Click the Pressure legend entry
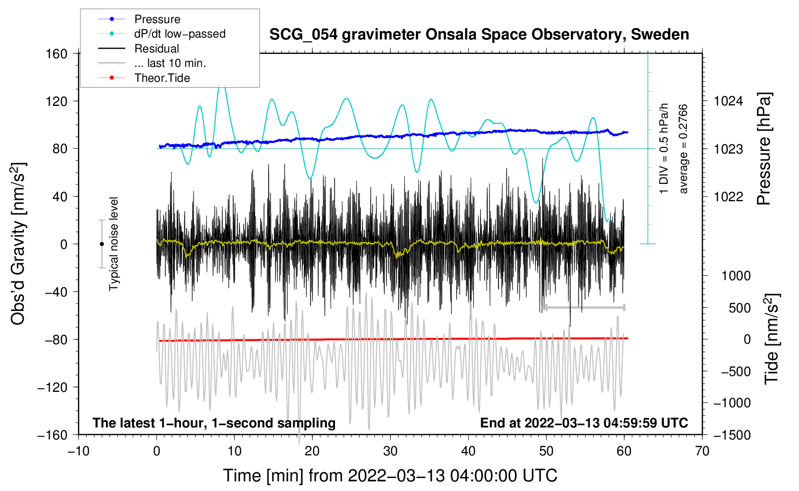point(139,19)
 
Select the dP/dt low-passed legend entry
point(162,34)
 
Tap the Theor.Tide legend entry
point(144,78)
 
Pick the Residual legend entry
point(139,49)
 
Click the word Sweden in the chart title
point(660,34)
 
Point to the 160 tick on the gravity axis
point(57,53)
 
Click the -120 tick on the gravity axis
point(52,387)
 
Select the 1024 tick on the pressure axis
point(728,101)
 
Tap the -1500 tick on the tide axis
point(732,435)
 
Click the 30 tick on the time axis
point(390,451)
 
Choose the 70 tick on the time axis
point(702,451)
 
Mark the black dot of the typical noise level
point(102,244)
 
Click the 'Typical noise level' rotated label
point(114,244)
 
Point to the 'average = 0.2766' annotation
point(683,149)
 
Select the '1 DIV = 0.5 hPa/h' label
point(663,149)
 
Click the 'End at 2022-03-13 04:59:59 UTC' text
point(584,423)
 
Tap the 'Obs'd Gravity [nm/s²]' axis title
point(18,244)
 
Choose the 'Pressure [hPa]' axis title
point(764,149)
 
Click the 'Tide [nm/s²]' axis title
point(772,339)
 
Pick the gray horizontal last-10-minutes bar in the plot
point(585,307)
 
